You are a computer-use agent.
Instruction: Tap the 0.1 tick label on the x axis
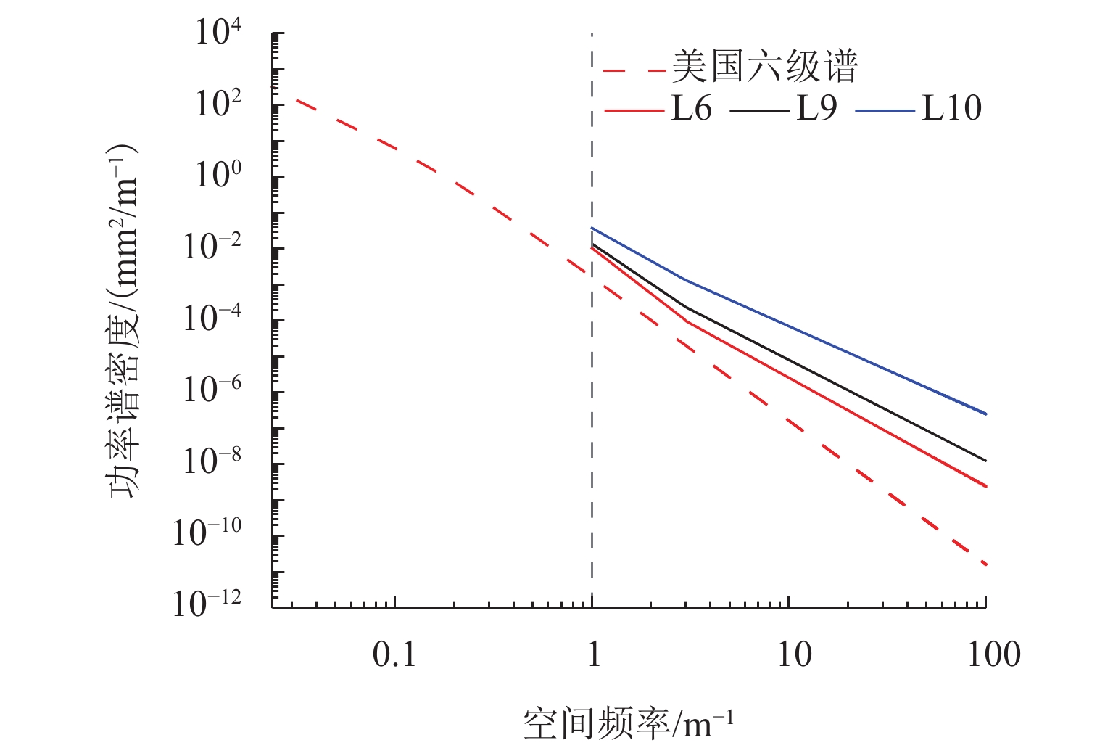[x=394, y=655]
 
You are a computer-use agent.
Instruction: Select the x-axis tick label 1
[x=594, y=655]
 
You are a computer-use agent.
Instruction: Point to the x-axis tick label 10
[x=795, y=655]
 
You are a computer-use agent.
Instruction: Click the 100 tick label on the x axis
[x=994, y=655]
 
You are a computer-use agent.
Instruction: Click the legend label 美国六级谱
[x=765, y=67]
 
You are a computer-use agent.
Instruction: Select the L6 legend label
[x=691, y=109]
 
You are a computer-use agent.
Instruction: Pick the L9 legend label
[x=816, y=109]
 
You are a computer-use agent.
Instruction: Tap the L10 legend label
[x=951, y=109]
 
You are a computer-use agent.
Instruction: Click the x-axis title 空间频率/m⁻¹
[x=628, y=723]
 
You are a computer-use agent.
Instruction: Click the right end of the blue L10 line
[x=985, y=414]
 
